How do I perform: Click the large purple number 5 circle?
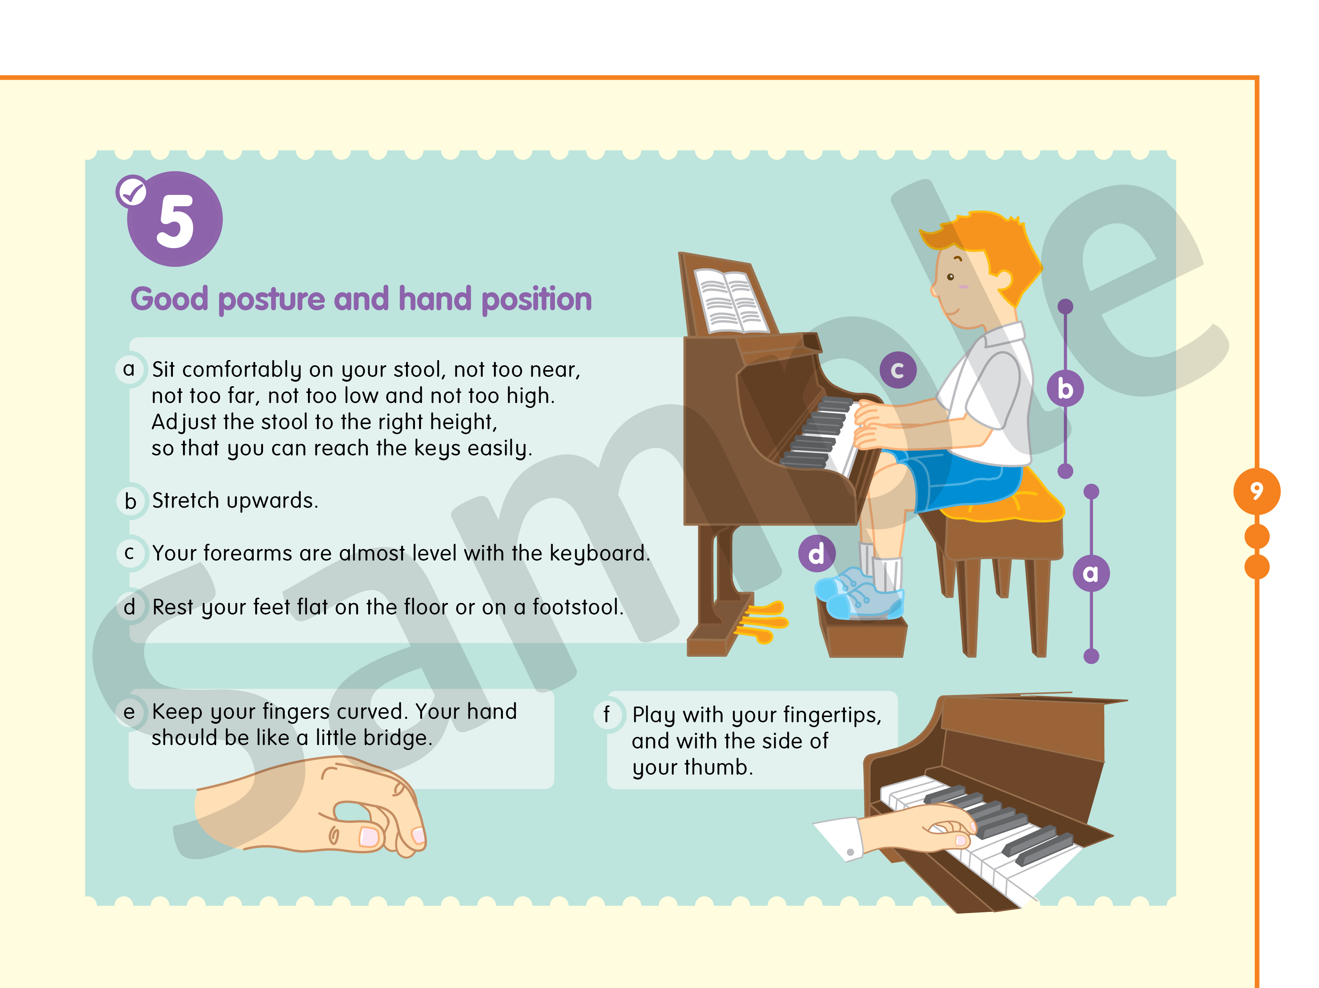pyautogui.click(x=175, y=219)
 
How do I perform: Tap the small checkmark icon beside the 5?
pyautogui.click(x=132, y=191)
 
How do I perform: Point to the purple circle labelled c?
pyautogui.click(x=898, y=370)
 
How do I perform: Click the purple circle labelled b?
pyautogui.click(x=1065, y=389)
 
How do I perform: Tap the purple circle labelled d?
pyautogui.click(x=817, y=554)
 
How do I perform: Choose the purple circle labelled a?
pyautogui.click(x=1091, y=573)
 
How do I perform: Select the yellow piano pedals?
pyautogui.click(x=762, y=622)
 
